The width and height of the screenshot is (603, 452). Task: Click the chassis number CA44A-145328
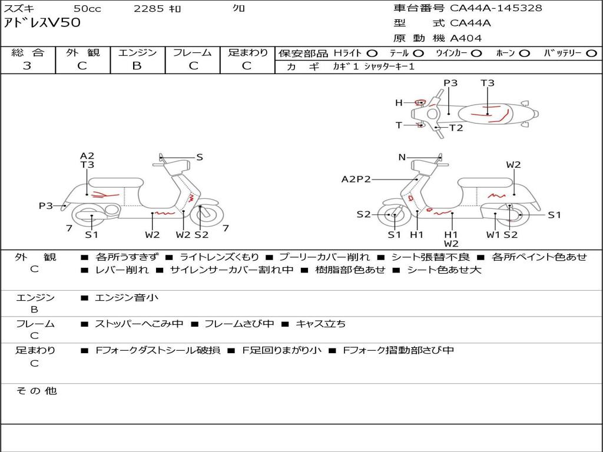[x=496, y=8]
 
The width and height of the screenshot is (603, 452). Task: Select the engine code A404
[x=466, y=38]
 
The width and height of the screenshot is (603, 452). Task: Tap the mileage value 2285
[x=149, y=8]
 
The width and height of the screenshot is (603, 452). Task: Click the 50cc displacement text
[x=87, y=8]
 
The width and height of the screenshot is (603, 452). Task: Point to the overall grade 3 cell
[x=28, y=66]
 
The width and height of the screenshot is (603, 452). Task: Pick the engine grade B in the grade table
[x=137, y=66]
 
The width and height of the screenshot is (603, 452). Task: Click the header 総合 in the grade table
[x=28, y=52]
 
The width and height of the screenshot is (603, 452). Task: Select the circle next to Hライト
[x=372, y=53]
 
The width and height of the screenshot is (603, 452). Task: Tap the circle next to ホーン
[x=525, y=53]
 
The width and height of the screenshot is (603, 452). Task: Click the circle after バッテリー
[x=591, y=53]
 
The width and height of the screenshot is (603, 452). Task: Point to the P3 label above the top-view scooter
[x=450, y=83]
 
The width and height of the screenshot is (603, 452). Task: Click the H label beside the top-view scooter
[x=399, y=103]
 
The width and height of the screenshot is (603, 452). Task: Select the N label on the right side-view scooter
[x=402, y=157]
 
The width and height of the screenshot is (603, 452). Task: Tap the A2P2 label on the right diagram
[x=356, y=179]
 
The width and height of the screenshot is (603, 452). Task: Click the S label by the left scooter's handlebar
[x=200, y=157]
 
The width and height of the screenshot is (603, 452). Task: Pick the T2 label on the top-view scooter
[x=456, y=128]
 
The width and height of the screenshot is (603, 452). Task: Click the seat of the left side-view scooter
[x=115, y=182]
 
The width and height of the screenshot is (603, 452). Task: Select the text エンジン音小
[x=127, y=298]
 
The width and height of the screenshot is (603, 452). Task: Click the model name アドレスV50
[x=42, y=23]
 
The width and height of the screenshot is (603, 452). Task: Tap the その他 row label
[x=37, y=391]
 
